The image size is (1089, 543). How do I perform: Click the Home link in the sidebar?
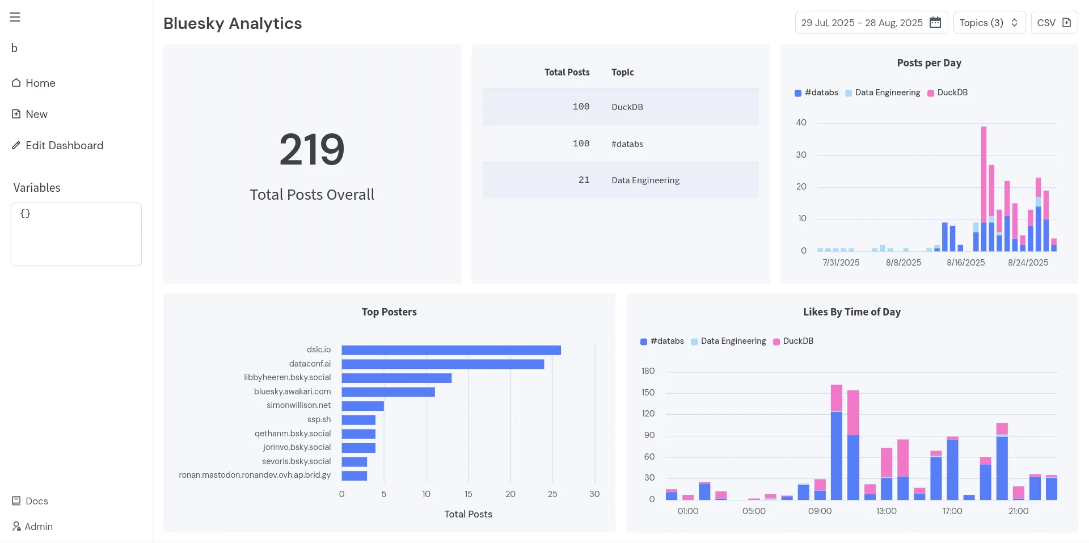34,83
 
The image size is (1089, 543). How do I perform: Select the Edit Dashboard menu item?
58,145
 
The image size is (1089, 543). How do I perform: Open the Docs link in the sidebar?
31,501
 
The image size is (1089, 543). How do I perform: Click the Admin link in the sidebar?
33,527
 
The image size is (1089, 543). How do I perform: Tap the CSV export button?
1054,23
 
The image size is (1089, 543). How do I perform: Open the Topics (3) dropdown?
989,23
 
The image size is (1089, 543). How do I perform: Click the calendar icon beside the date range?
935,23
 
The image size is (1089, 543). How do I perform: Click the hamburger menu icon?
15,17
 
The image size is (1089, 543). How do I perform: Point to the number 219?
312,149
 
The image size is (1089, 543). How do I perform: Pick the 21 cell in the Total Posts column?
584,180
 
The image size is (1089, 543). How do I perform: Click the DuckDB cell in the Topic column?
627,107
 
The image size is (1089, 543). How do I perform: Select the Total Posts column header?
567,72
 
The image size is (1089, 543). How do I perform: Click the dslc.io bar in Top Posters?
451,350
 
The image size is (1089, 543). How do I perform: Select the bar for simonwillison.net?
363,406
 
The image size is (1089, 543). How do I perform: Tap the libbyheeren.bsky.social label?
287,377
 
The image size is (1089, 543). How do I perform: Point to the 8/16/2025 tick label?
965,263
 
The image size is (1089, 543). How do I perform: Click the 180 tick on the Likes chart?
648,371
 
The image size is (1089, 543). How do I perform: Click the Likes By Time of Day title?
851,312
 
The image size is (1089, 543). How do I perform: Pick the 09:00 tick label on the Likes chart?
820,511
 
